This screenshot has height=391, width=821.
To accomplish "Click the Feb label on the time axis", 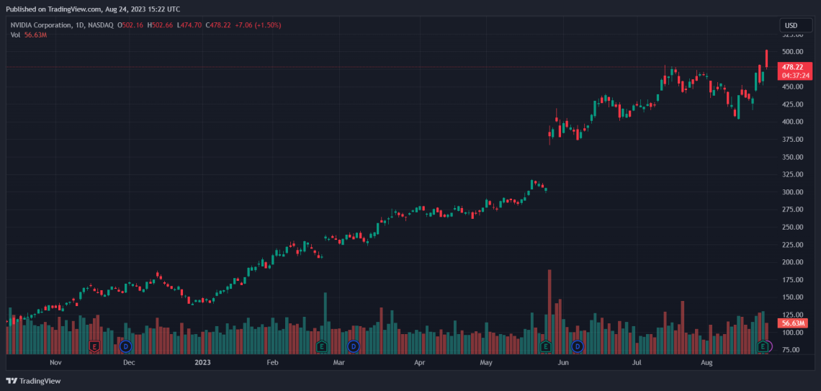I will pos(272,364).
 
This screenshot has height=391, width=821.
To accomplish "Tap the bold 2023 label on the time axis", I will pos(204,364).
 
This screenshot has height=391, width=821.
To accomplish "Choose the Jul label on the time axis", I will pos(637,364).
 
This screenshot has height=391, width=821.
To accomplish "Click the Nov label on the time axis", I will pos(55,364).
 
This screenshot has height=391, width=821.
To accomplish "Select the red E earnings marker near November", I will pos(94,346).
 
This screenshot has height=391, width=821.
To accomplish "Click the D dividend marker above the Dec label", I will pos(125,346).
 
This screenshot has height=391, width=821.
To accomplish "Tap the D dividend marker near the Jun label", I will pos(578,346).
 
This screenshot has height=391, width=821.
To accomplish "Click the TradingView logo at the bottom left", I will pos(34,381).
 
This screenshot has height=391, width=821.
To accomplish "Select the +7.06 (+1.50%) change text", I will pos(256,25).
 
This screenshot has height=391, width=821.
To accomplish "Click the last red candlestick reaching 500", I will pos(767,59).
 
